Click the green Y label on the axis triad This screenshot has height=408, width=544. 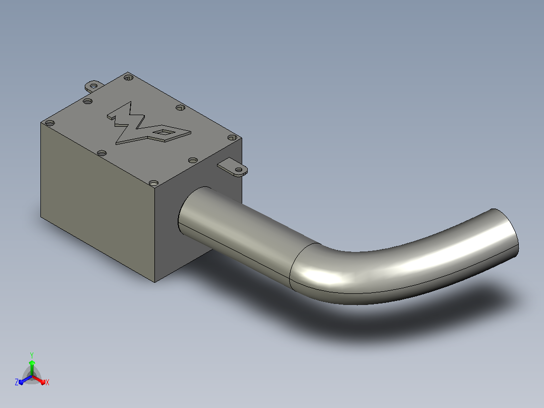32,355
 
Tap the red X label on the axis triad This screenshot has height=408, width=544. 47,382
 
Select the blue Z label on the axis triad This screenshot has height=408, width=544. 17,382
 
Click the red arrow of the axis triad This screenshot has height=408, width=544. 39,380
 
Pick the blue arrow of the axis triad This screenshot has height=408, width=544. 25,380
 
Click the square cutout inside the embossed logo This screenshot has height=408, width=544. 162,132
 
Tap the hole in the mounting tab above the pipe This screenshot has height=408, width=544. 239,170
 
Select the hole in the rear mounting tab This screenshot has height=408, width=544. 94,85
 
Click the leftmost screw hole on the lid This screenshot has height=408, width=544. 50,123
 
